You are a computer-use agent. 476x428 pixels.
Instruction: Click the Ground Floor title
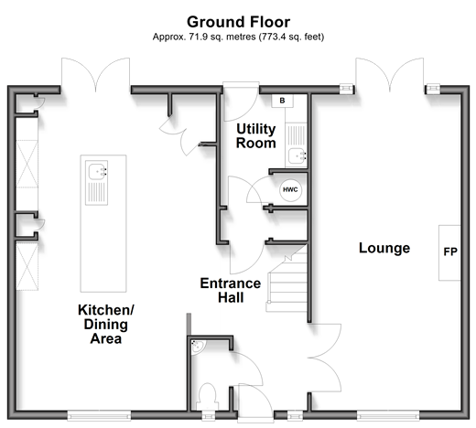pyautogui.click(x=238, y=22)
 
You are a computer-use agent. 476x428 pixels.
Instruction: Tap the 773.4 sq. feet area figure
pyautogui.click(x=291, y=37)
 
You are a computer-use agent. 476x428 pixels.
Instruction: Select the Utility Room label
pyautogui.click(x=256, y=136)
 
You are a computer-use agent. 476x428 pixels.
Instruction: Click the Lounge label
pyautogui.click(x=384, y=248)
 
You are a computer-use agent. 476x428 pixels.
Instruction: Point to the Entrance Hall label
pyautogui.click(x=231, y=291)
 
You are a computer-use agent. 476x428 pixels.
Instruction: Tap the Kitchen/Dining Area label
pyautogui.click(x=106, y=324)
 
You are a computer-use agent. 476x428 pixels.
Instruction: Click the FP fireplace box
pyautogui.click(x=449, y=252)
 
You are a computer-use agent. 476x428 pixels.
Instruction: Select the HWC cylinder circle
pyautogui.click(x=290, y=189)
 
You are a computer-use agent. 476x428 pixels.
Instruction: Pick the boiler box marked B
pyautogui.click(x=283, y=101)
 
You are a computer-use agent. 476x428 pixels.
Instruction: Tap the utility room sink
pyautogui.click(x=297, y=155)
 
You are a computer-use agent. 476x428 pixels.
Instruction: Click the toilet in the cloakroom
pyautogui.click(x=208, y=396)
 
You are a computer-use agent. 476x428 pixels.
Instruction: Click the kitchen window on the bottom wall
pyautogui.click(x=99, y=415)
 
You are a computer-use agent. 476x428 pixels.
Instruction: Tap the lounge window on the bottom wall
pyautogui.click(x=388, y=415)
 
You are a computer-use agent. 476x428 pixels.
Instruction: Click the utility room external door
pyautogui.click(x=242, y=102)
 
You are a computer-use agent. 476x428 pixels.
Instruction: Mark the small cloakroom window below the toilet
pyautogui.click(x=209, y=415)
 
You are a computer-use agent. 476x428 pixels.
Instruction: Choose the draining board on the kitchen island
pyautogui.click(x=97, y=193)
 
